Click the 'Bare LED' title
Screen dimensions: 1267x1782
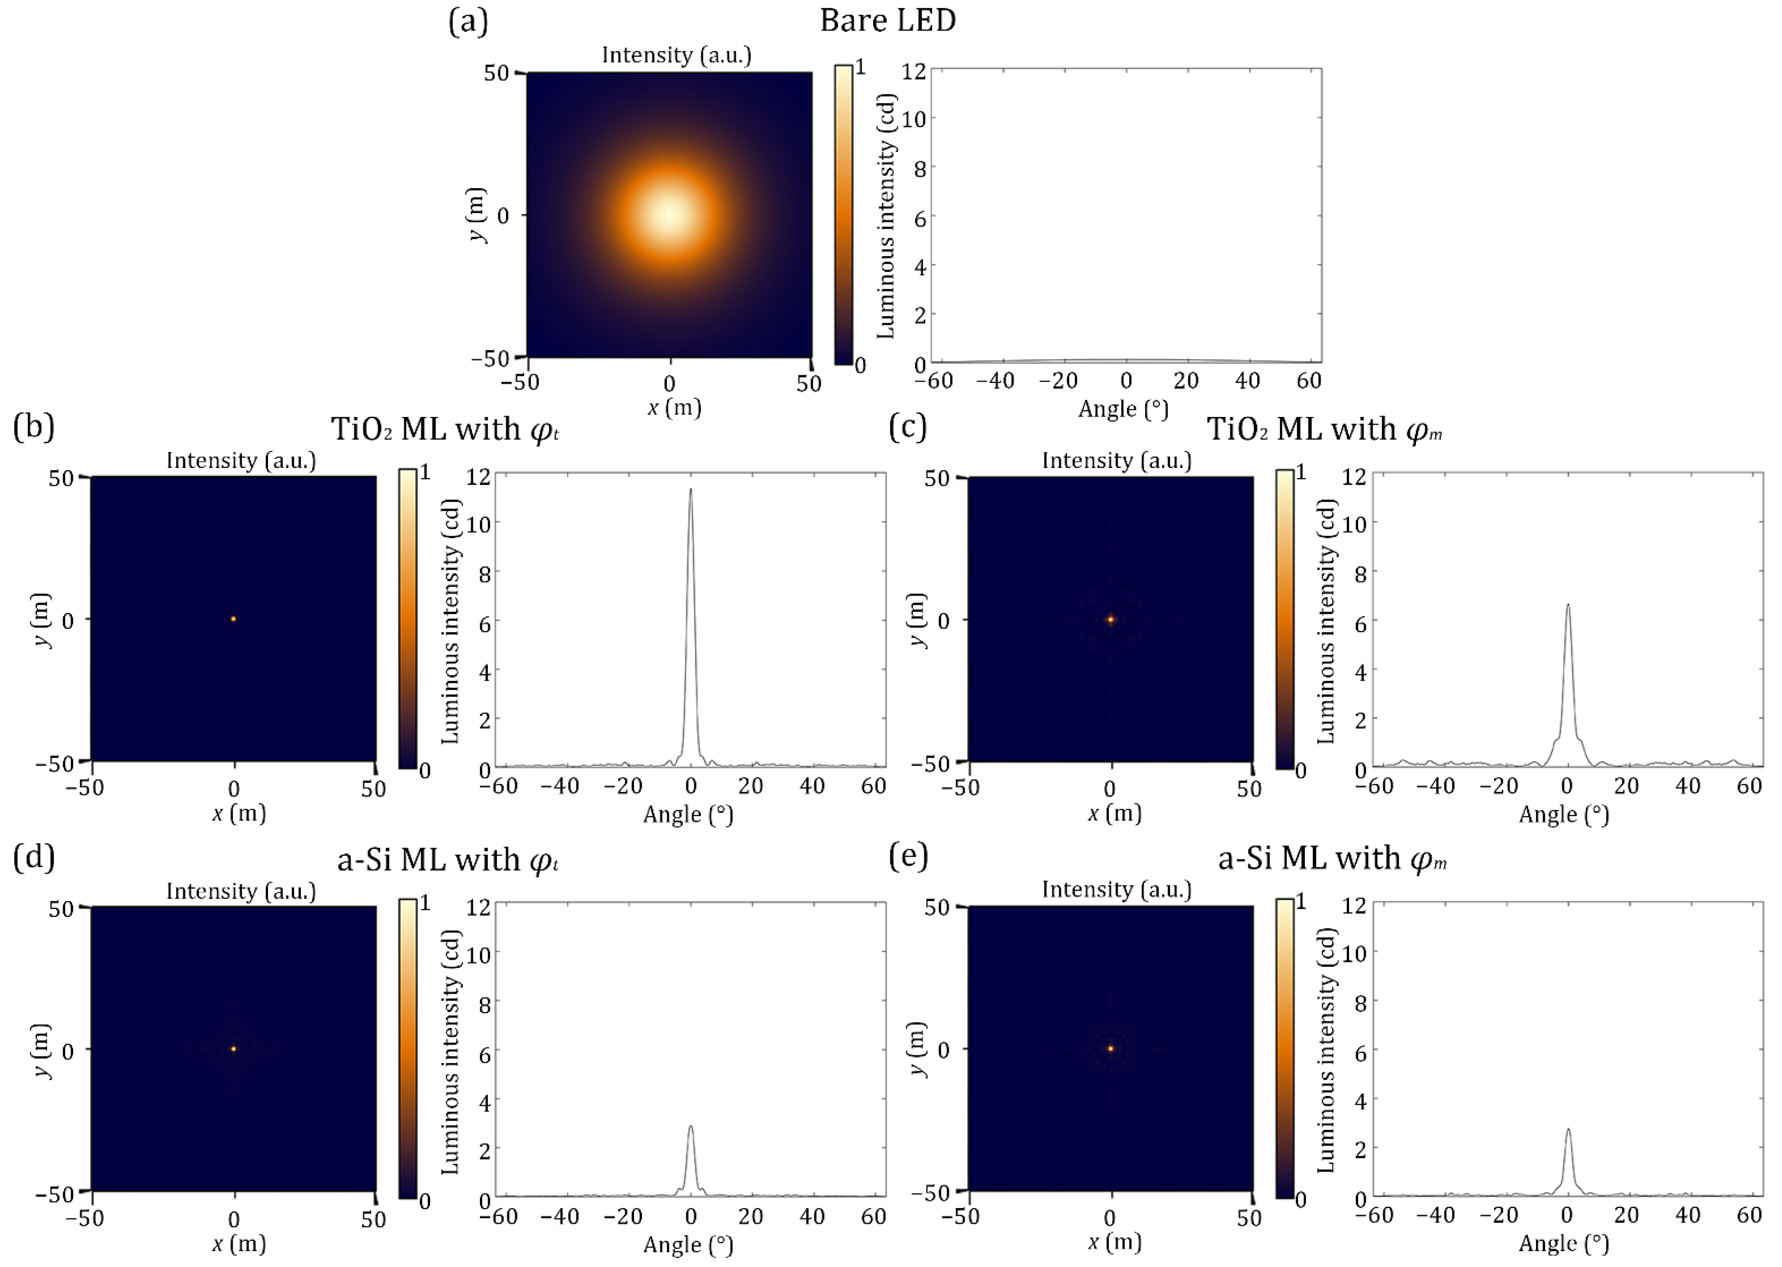pyautogui.click(x=887, y=20)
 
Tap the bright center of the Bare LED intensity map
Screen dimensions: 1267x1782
pyautogui.click(x=670, y=216)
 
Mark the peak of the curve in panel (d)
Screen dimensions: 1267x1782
pyautogui.click(x=690, y=1127)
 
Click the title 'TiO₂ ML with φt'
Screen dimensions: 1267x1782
pyautogui.click(x=445, y=429)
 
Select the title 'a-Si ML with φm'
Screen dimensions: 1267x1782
pyautogui.click(x=1332, y=859)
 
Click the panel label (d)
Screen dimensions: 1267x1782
pyautogui.click(x=34, y=857)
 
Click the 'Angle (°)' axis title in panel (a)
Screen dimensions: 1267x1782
pyautogui.click(x=1123, y=409)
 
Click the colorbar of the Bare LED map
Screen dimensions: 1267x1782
pyautogui.click(x=843, y=216)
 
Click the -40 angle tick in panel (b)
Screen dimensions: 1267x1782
pyautogui.click(x=560, y=786)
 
